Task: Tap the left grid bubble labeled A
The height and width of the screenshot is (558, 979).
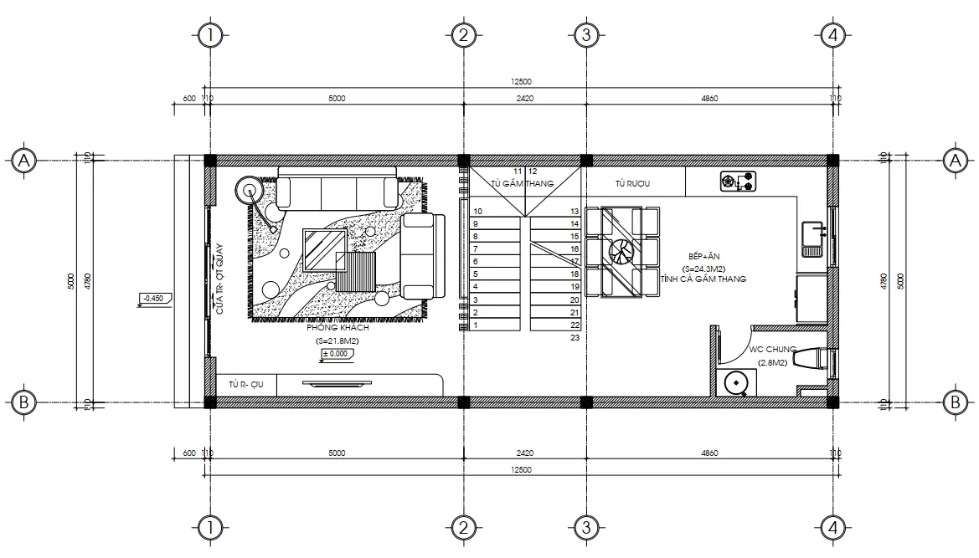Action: [24, 160]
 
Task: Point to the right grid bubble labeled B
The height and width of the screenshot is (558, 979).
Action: [954, 402]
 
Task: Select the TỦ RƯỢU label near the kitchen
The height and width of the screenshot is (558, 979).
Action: [633, 182]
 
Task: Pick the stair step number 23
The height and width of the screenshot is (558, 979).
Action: [575, 338]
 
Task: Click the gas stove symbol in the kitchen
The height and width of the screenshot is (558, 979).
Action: [738, 181]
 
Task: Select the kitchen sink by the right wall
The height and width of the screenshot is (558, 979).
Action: [813, 238]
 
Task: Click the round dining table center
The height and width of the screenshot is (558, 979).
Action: [621, 252]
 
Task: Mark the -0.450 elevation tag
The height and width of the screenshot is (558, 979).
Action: [153, 297]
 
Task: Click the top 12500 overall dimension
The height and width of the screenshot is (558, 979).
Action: [521, 82]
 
